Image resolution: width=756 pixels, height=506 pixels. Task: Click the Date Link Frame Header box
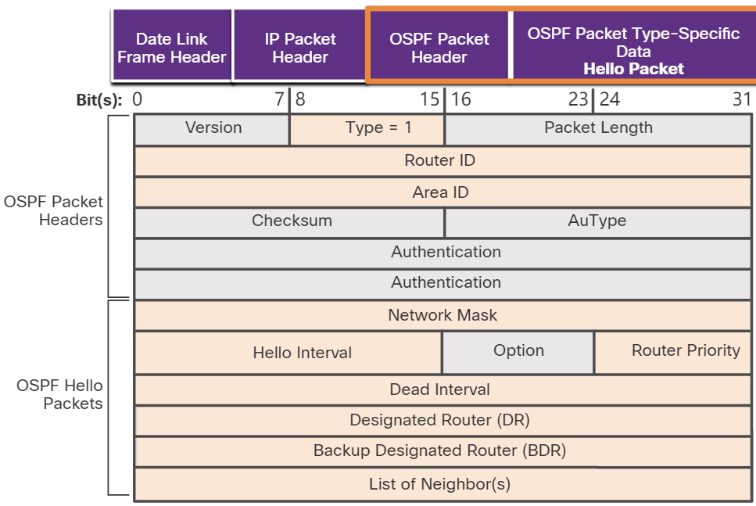172,48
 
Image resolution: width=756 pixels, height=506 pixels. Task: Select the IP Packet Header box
299,48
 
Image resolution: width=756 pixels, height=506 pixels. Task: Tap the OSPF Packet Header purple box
439,48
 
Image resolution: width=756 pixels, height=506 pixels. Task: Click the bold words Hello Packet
633,69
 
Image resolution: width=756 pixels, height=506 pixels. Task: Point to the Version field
213,128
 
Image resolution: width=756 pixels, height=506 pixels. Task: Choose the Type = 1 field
367,128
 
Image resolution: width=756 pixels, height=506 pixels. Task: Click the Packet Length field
598,128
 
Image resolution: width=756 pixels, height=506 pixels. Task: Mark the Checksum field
291,221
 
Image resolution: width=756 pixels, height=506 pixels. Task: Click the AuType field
597,221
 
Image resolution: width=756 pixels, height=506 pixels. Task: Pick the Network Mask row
442,315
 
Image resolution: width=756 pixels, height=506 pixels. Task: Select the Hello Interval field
302,353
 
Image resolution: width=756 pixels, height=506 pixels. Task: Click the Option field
518,351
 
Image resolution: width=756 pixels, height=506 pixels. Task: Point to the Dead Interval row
440,389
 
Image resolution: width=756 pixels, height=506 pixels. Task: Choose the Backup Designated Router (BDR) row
440,450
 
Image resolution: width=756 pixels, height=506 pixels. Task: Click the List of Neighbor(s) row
440,484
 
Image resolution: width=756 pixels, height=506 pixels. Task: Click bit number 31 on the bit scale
741,100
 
